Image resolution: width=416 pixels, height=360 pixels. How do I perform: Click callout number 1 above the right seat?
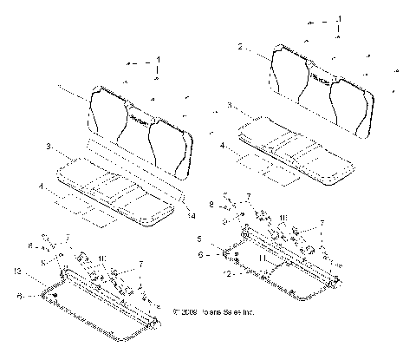(x=340, y=18)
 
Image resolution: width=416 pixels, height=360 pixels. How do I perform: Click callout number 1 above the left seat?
(x=158, y=60)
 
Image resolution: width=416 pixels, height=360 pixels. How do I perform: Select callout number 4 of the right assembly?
(x=222, y=147)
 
